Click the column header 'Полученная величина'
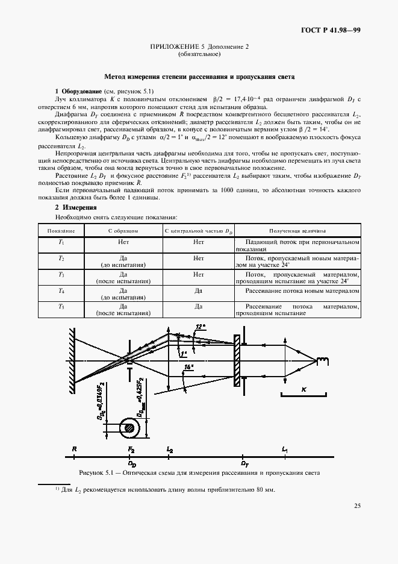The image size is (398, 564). click(297, 230)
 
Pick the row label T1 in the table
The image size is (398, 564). click(61, 242)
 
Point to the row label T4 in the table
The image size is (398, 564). click(61, 290)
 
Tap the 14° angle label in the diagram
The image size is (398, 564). click(190, 367)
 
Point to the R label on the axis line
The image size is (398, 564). click(73, 450)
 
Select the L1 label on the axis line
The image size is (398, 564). click(284, 450)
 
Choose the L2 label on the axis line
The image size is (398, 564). click(170, 450)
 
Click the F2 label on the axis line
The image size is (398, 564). click(131, 450)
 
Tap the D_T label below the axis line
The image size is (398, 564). click(245, 465)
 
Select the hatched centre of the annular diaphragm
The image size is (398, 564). click(128, 428)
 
